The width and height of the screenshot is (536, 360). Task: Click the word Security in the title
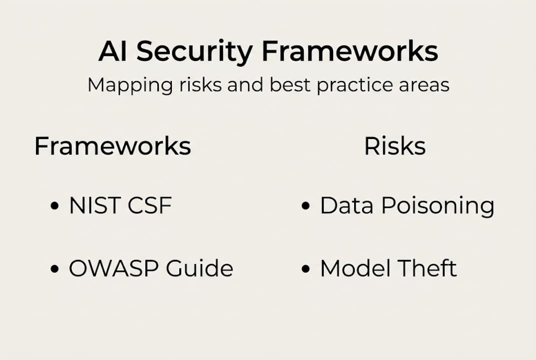coord(194,52)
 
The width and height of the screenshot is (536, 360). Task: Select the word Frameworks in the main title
coord(350,51)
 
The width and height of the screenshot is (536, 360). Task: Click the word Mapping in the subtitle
coord(130,85)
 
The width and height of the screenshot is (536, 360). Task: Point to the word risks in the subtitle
coord(200,84)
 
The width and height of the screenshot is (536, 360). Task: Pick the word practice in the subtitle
coord(354,85)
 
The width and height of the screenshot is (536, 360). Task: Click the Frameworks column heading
coord(113,146)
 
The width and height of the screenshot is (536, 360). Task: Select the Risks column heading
coord(395,146)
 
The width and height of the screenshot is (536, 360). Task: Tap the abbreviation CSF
coord(149,205)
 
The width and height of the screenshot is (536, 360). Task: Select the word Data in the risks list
coord(347,205)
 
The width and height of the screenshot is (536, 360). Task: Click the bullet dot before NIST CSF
coord(54,206)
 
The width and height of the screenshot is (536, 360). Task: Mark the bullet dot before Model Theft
coord(306,268)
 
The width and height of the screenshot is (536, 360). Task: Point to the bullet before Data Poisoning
coord(306,206)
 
